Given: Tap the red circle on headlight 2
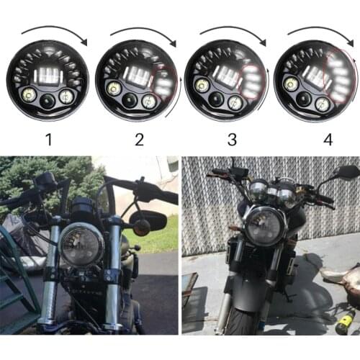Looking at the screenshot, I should point(163,81).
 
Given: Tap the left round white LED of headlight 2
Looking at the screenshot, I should point(114,89).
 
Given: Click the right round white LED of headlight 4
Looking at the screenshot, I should point(323,104).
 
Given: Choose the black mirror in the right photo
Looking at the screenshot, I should point(347,172).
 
